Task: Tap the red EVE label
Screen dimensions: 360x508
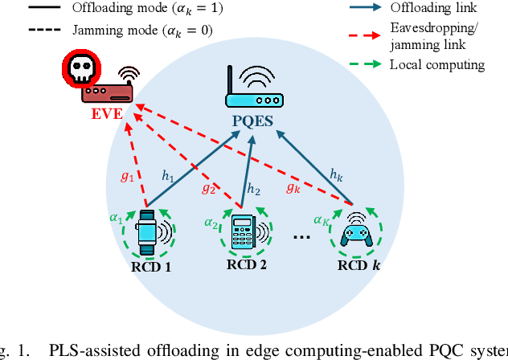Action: coord(106,113)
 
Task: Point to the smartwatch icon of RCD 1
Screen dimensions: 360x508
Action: coord(147,227)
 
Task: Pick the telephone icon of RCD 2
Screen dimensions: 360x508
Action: coord(242,231)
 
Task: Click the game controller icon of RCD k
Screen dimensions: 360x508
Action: coord(355,229)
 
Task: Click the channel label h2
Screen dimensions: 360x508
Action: coord(254,190)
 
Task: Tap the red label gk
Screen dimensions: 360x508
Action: coord(292,190)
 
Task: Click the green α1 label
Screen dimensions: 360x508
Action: coord(118,217)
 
